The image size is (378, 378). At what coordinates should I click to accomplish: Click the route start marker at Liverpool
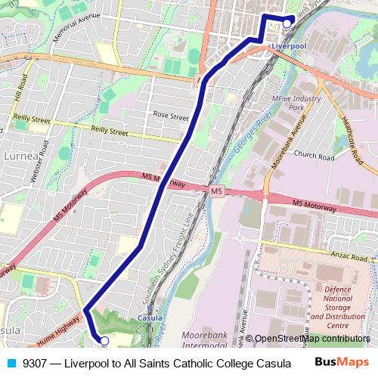[287, 23]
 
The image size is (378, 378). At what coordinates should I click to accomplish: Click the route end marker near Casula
[104, 341]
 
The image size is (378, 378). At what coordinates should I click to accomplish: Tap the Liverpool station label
[288, 45]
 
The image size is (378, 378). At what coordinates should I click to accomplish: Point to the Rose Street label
[171, 116]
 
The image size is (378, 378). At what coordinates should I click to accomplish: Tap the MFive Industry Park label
[297, 103]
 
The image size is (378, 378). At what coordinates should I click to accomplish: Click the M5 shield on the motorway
[217, 191]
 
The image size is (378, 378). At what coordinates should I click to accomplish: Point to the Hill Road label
[20, 95]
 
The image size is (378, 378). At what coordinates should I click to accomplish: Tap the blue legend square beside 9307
[11, 362]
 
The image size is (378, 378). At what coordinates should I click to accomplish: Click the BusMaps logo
[341, 362]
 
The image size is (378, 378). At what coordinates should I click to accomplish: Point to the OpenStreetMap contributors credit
[311, 339]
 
